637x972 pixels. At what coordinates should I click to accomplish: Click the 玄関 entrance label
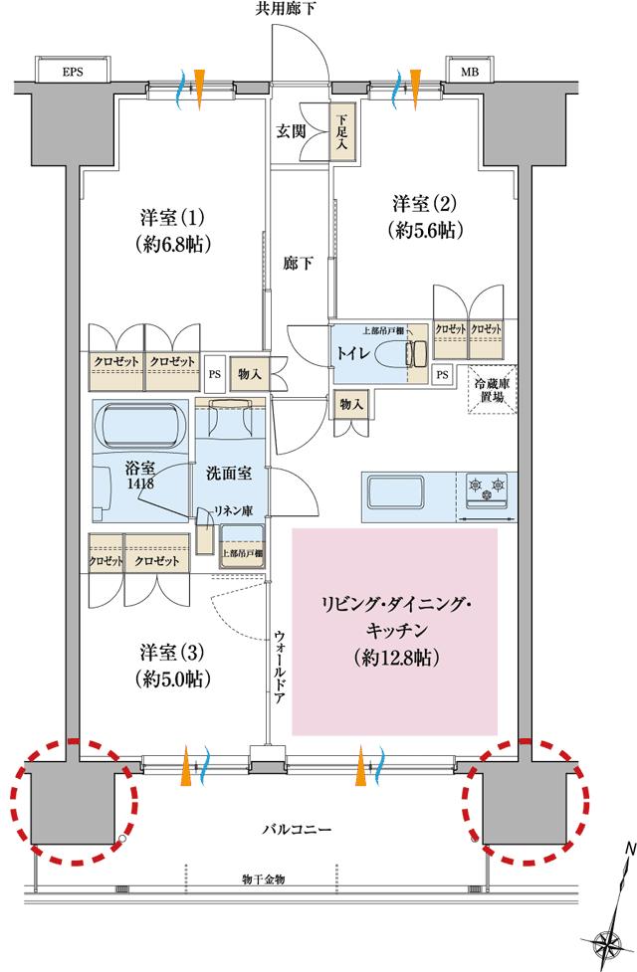click(x=293, y=130)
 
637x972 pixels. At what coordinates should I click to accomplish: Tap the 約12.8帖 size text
click(x=395, y=658)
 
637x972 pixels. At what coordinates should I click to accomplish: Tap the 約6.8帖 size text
click(x=173, y=243)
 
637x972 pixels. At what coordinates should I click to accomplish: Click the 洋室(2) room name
click(x=423, y=204)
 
